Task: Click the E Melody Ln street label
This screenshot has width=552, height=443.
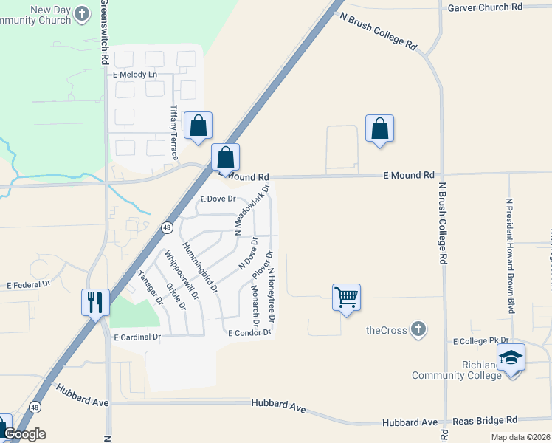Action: click(135, 75)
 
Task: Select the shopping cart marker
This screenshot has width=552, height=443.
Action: click(346, 298)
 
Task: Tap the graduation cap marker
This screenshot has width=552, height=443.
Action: click(511, 358)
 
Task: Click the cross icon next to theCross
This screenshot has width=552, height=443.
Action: click(418, 329)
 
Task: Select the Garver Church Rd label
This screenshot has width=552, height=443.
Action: click(485, 7)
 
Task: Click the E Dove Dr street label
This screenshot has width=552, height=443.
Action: click(218, 199)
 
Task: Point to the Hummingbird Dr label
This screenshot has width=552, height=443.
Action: click(200, 269)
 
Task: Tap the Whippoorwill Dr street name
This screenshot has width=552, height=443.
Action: click(182, 275)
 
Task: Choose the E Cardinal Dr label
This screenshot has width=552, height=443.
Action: click(137, 337)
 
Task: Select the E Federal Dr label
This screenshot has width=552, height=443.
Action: click(28, 284)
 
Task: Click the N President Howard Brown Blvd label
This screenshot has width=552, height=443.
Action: click(510, 255)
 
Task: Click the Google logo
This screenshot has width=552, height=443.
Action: click(24, 434)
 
